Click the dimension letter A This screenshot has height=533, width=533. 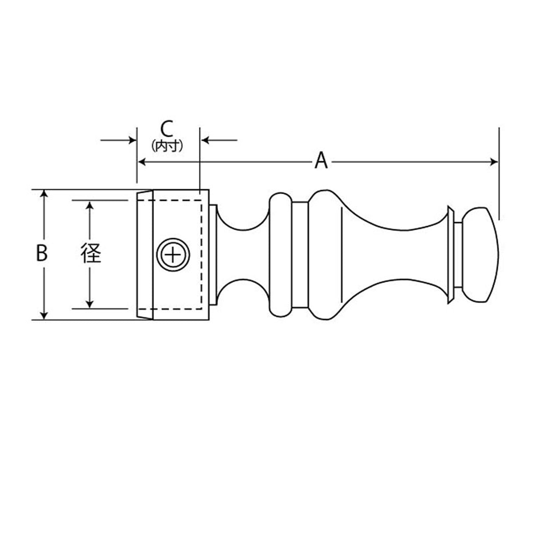321,160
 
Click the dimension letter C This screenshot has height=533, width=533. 167,129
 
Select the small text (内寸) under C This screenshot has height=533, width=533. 167,146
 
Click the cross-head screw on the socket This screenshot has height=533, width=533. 173,254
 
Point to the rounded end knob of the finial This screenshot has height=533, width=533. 481,255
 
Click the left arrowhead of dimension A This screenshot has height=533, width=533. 142,162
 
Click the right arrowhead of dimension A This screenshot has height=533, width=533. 494,162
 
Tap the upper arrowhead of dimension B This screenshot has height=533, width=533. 44,193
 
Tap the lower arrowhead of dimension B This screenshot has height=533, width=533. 44,316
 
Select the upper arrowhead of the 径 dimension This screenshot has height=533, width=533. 89,206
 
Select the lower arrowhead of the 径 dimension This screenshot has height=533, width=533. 89,304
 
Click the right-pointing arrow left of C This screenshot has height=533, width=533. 119,140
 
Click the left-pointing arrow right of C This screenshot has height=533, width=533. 219,140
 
